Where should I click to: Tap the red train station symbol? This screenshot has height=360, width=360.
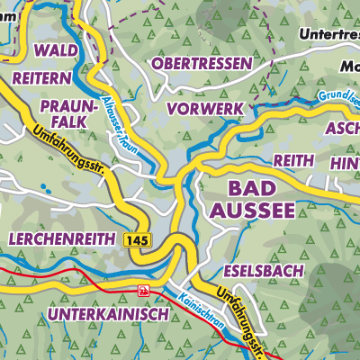pyautogui.click(x=143, y=290)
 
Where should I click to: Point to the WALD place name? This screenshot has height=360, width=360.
pyautogui.click(x=56, y=49)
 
